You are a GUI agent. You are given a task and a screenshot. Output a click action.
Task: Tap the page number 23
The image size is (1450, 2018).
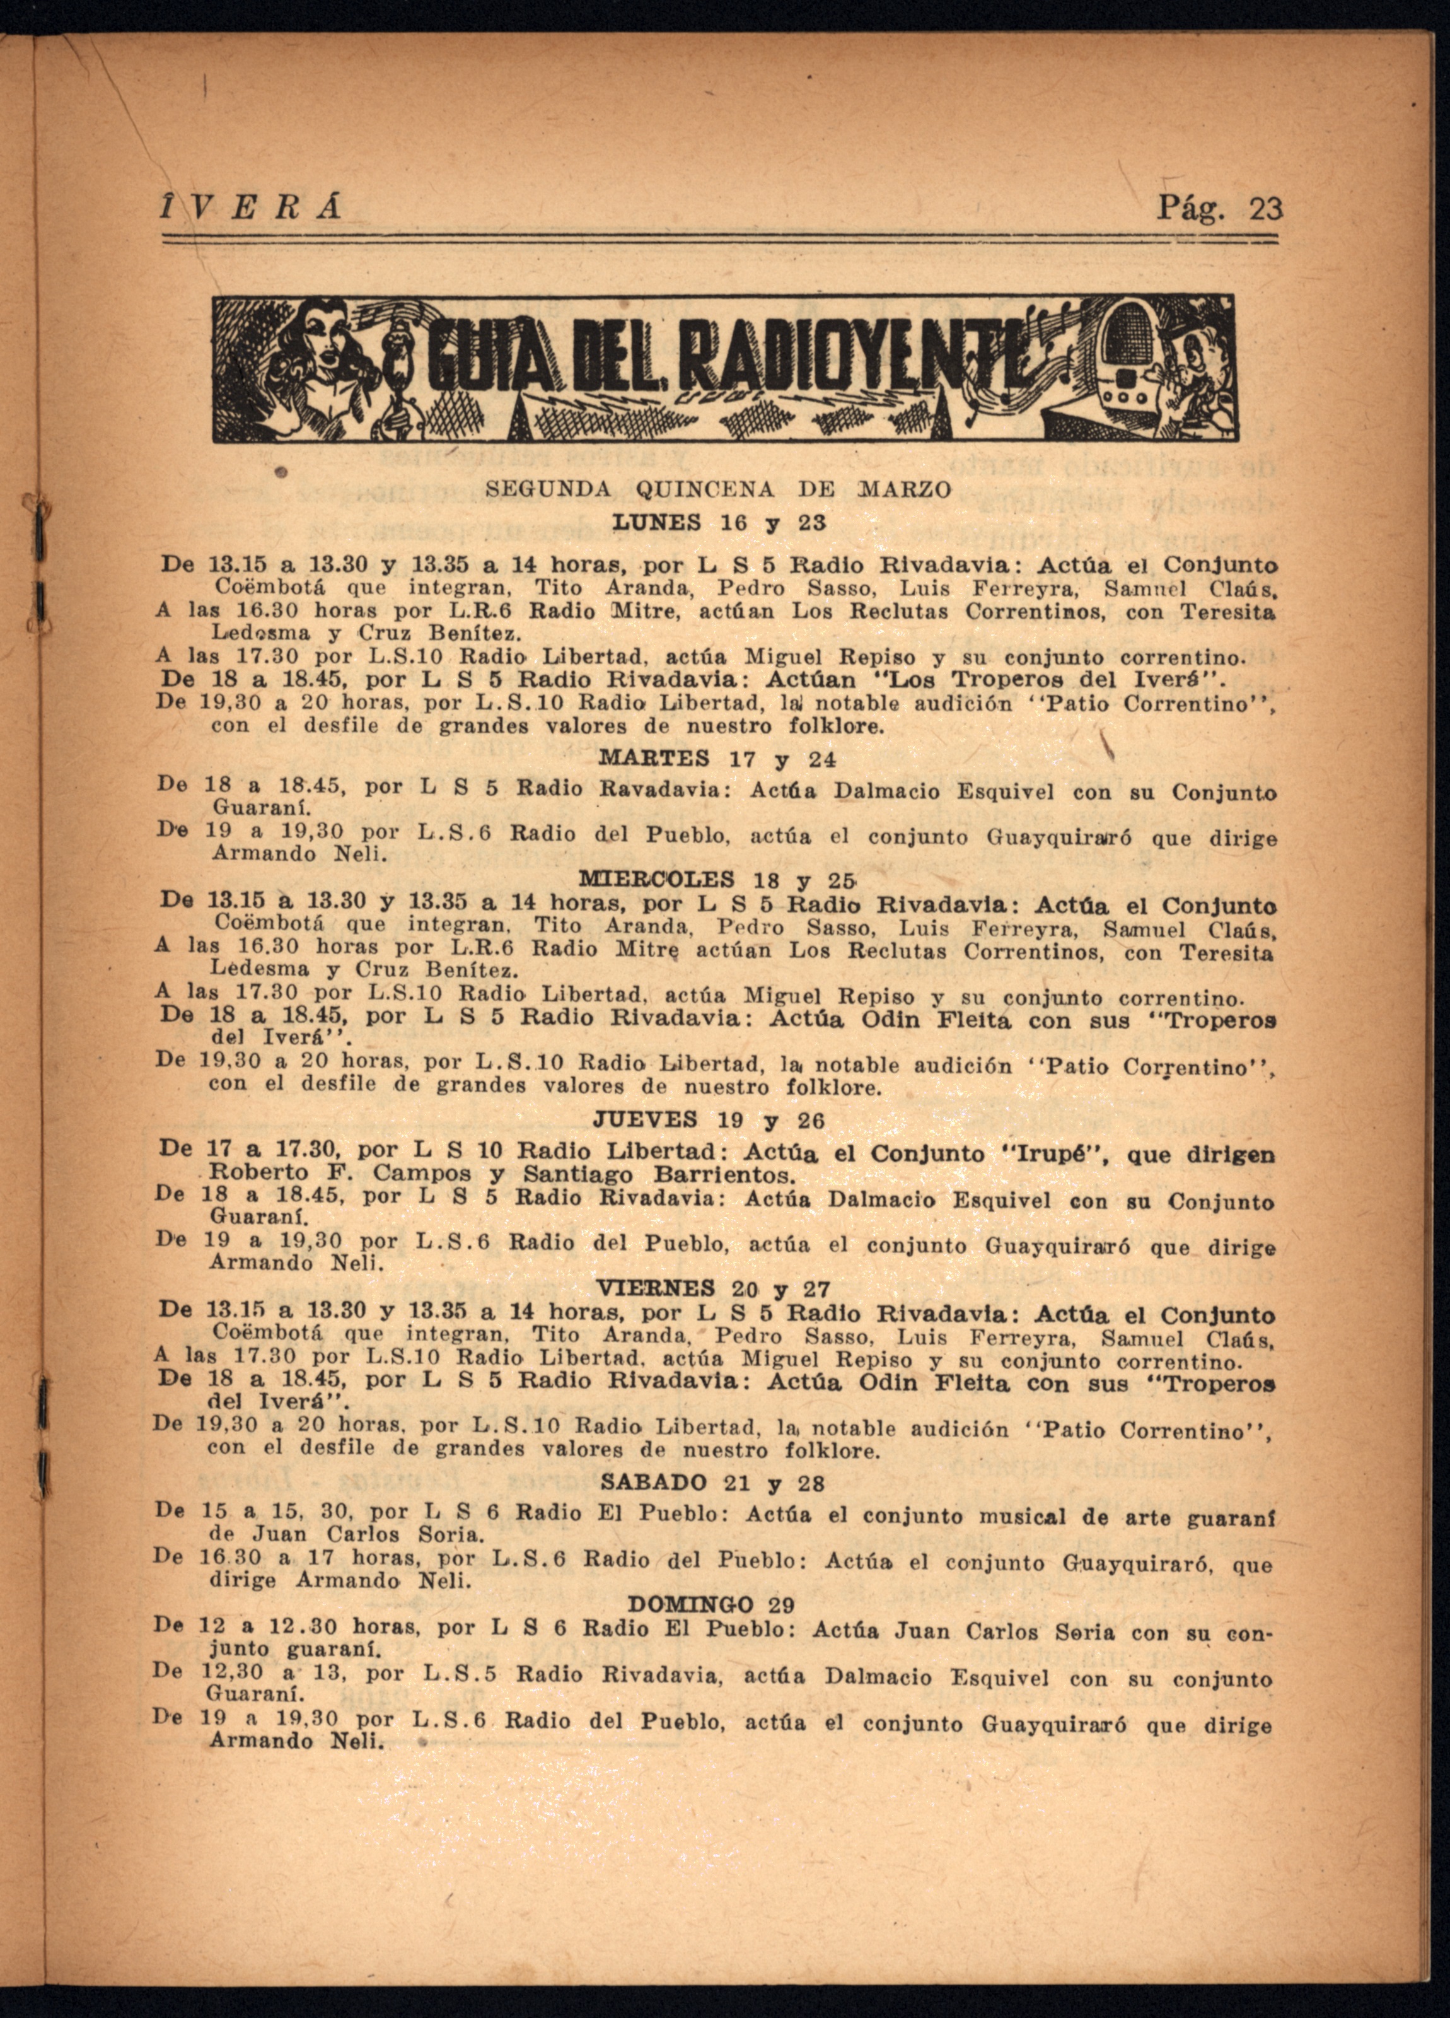pyautogui.click(x=1266, y=208)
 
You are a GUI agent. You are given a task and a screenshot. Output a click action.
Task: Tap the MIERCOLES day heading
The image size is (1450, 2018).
pyautogui.click(x=656, y=880)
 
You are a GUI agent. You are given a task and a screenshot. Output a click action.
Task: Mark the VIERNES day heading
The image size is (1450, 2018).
pyautogui.click(x=656, y=1288)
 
